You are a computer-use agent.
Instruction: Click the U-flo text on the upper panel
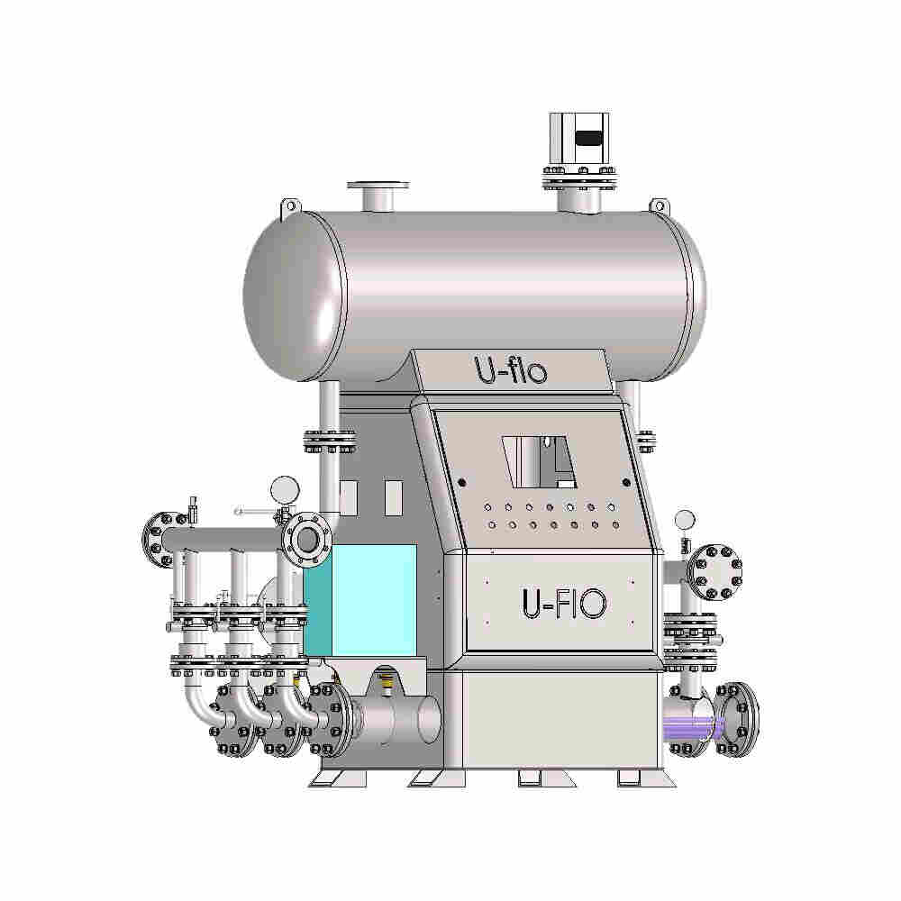[x=511, y=370]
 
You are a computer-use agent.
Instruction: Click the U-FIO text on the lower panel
[x=564, y=603]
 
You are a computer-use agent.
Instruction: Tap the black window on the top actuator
[x=589, y=138]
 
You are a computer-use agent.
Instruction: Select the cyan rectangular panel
[x=360, y=600]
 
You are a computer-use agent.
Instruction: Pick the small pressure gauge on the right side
[x=685, y=520]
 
